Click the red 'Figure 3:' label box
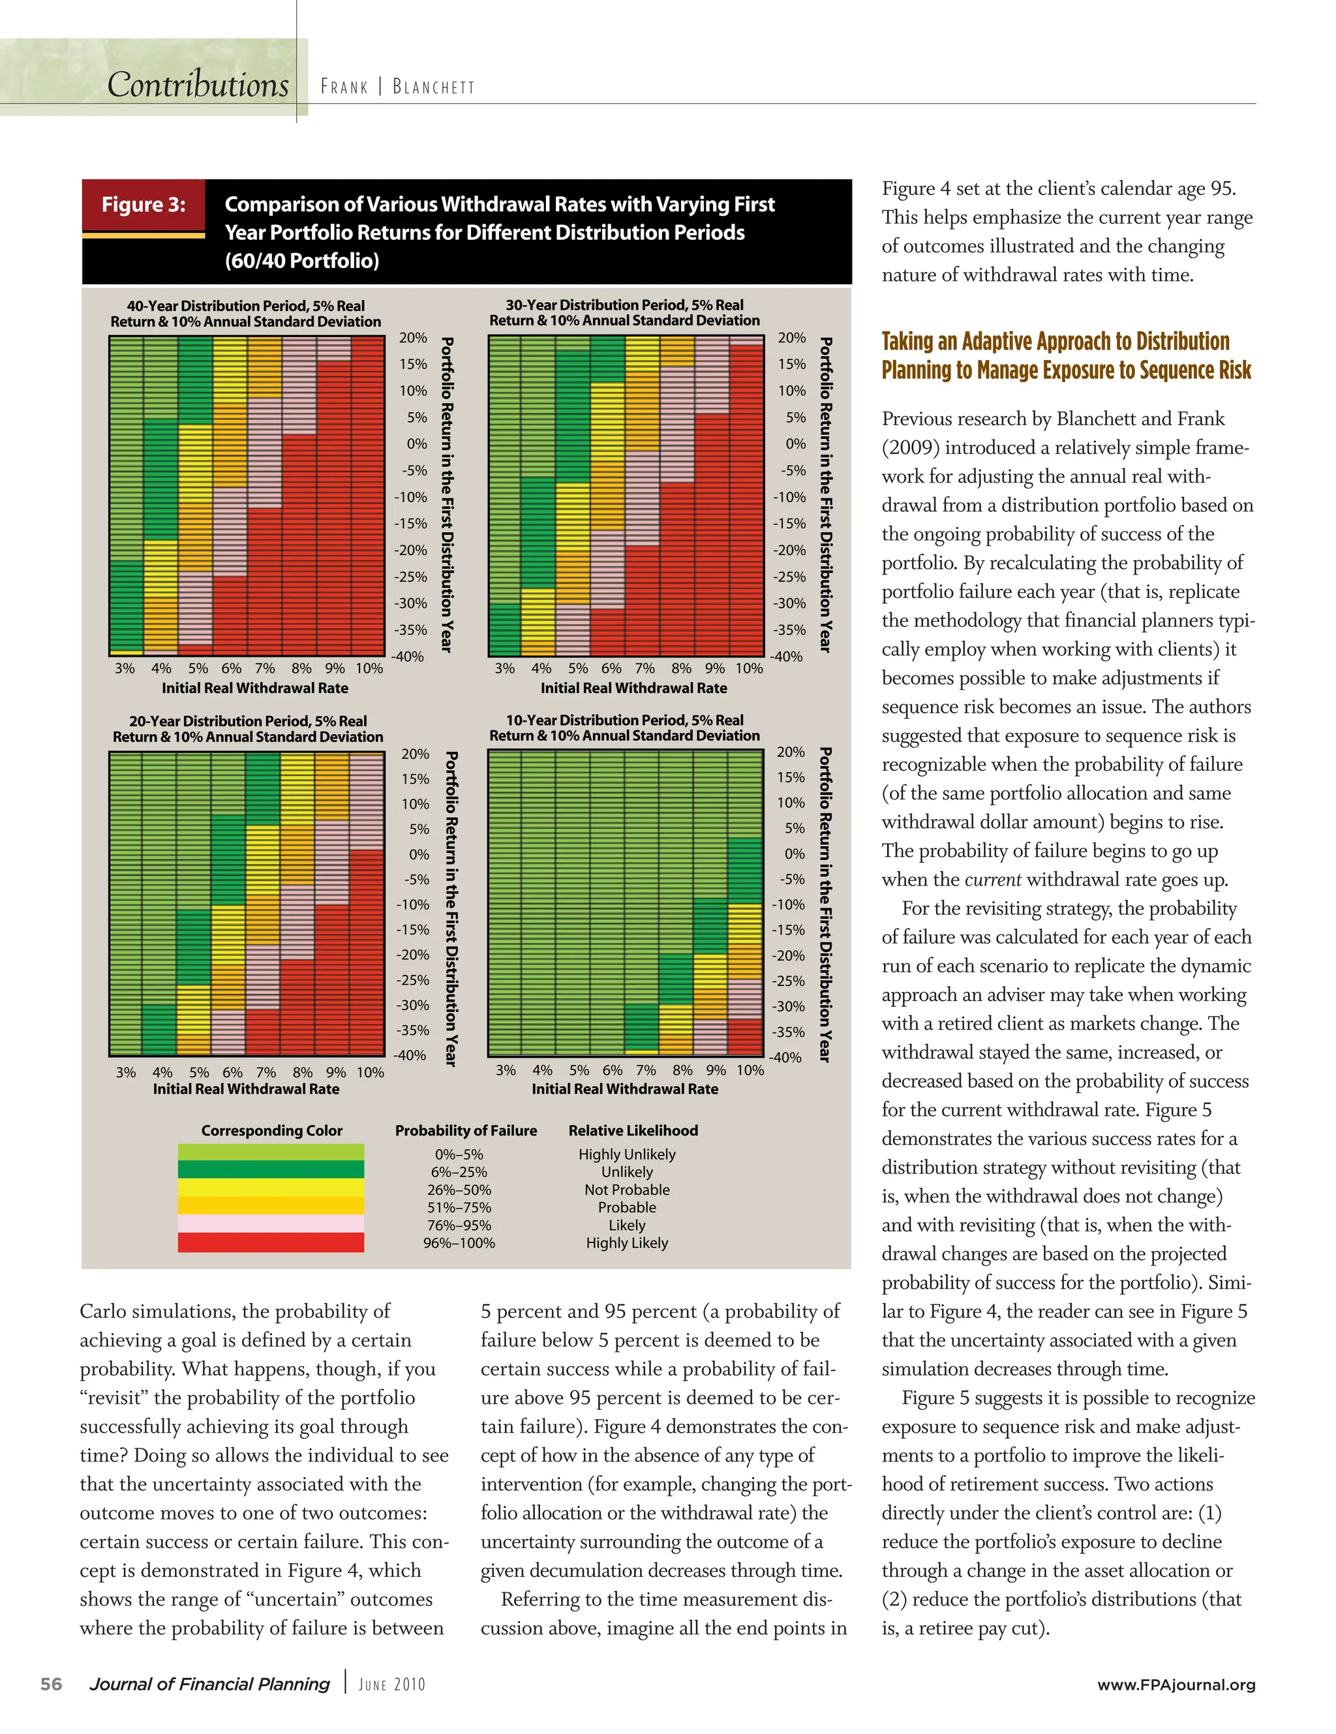[x=144, y=205]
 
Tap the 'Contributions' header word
[x=198, y=85]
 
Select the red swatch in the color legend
[x=271, y=1242]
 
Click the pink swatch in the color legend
[x=271, y=1223]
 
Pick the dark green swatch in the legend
[x=271, y=1169]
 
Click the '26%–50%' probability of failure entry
[x=459, y=1189]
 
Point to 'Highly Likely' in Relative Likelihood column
[x=627, y=1242]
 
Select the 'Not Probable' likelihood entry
[x=627, y=1189]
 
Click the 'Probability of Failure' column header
[x=466, y=1129]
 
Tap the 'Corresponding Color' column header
[x=271, y=1129]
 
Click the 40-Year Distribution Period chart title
[x=245, y=314]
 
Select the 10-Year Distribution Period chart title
[x=624, y=727]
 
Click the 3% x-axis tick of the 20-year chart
[x=125, y=1072]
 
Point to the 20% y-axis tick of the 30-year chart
[x=791, y=337]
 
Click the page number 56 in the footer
[x=51, y=1684]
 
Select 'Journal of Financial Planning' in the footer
[x=209, y=1684]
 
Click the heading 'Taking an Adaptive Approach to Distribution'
[x=1055, y=342]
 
